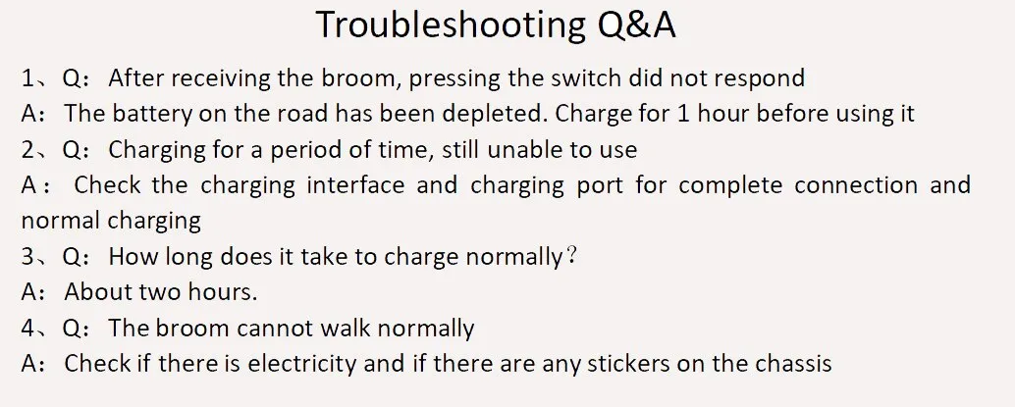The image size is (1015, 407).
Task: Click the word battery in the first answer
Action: tap(152, 115)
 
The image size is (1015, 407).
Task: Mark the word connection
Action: tap(856, 185)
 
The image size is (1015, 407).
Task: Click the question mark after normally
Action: tap(571, 256)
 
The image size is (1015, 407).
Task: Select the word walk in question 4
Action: tap(347, 329)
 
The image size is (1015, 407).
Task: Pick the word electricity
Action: tap(302, 364)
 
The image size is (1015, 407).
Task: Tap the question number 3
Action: tap(27, 257)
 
